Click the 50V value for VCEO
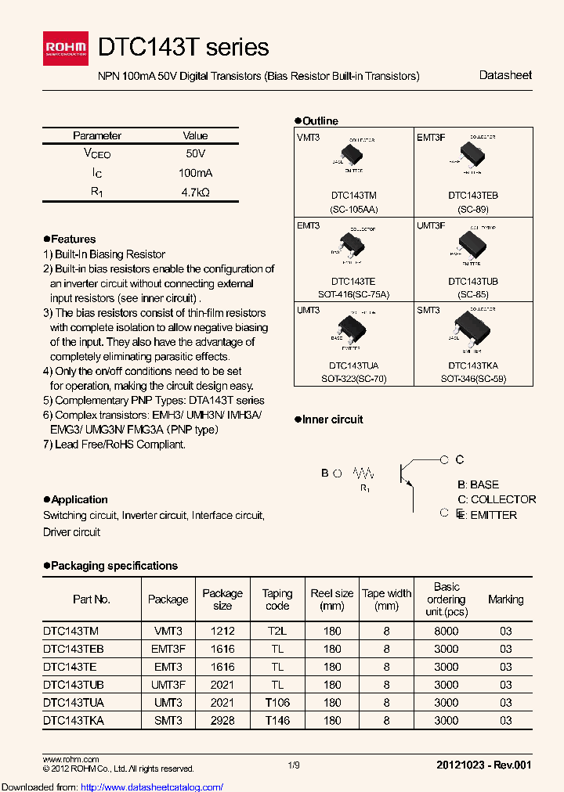coord(195,154)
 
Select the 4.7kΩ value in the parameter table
coord(195,192)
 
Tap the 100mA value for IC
coord(195,173)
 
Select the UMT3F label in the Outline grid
coord(431,225)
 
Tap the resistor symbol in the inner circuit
coord(364,473)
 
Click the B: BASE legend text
coord(478,484)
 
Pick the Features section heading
coord(73,239)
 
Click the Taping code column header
coord(277,599)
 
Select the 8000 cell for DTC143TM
coord(446,631)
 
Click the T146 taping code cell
coord(277,721)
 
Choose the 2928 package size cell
coord(222,721)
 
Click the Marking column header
coord(505,599)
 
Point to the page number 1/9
coord(294,765)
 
